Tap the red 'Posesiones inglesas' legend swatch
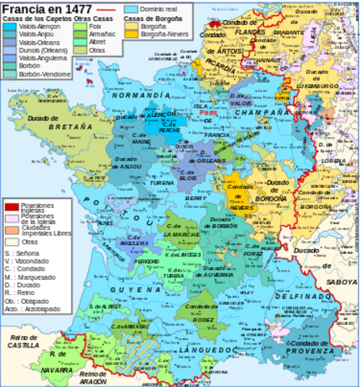coord(10,207)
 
